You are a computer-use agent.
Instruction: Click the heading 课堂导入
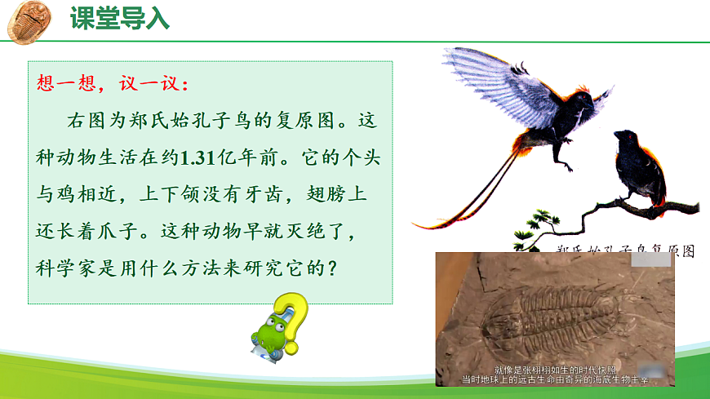pyautogui.click(x=119, y=18)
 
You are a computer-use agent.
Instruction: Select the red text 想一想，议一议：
pyautogui.click(x=113, y=84)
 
